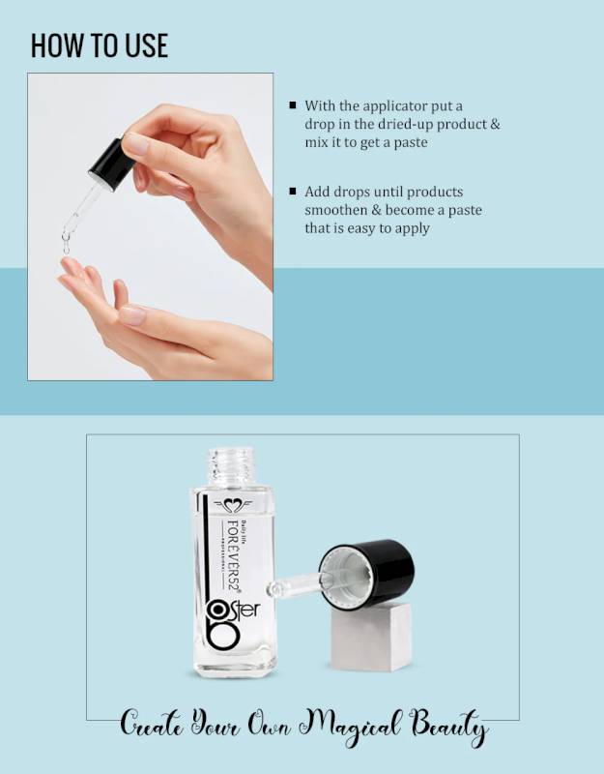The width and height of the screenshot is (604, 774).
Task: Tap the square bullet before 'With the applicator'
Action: pyautogui.click(x=293, y=104)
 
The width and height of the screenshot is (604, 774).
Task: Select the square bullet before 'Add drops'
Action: pyautogui.click(x=293, y=191)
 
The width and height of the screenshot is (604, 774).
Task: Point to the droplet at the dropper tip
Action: pyautogui.click(x=66, y=246)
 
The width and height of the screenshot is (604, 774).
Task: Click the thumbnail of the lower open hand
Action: pyautogui.click(x=132, y=315)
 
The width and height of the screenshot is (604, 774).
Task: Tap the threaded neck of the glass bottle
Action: pyautogui.click(x=231, y=466)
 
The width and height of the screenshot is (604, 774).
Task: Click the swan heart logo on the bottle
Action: pyautogui.click(x=233, y=505)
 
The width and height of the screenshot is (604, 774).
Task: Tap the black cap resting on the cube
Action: pyautogui.click(x=367, y=572)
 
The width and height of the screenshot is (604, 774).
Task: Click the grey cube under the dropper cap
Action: pyautogui.click(x=372, y=638)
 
